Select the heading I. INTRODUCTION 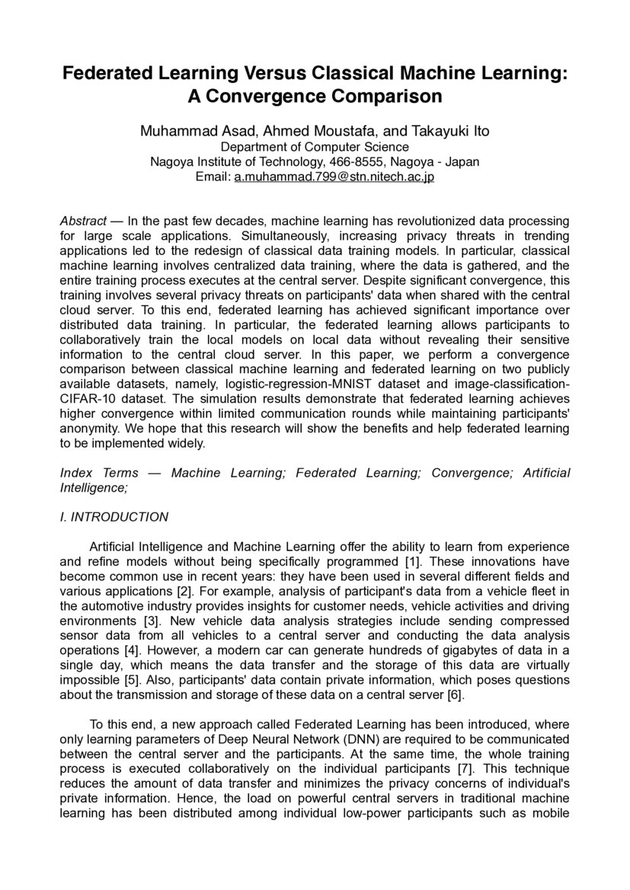[114, 517]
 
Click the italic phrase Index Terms [99, 473]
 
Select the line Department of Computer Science [315, 147]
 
